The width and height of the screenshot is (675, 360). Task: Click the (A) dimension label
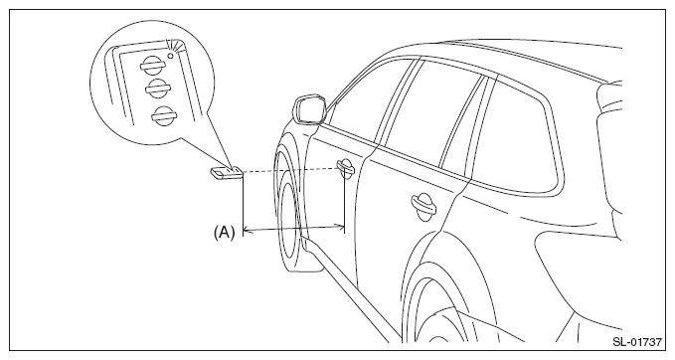[x=225, y=233]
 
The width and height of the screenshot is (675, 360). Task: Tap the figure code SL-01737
[x=637, y=342]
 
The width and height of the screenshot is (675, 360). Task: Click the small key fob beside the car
[x=227, y=173]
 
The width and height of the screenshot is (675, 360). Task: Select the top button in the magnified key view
[x=152, y=66]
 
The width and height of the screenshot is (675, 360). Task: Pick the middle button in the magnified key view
[x=157, y=90]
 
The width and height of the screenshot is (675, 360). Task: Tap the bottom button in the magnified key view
[x=163, y=115]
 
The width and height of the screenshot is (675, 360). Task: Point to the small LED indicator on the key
[x=171, y=56]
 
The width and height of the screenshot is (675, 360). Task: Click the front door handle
[x=346, y=167]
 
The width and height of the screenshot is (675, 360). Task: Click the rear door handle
[x=423, y=204]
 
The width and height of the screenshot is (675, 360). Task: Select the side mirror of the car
[x=309, y=110]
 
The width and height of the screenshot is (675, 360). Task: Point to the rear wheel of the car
[x=443, y=310]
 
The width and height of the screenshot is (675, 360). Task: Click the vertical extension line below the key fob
[x=244, y=204]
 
